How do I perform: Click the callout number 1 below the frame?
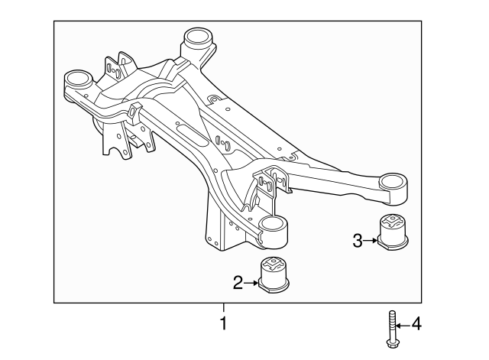(x=223, y=324)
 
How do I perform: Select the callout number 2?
(x=238, y=284)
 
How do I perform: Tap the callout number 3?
(x=357, y=242)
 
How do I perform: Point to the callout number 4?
(x=416, y=325)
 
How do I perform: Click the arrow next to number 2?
(x=251, y=284)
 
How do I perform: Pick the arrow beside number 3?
(x=371, y=242)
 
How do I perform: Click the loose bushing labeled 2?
(x=277, y=276)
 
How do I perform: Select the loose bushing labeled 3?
(x=394, y=232)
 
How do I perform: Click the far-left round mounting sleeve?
(x=77, y=79)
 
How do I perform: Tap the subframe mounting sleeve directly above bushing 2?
(x=273, y=229)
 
